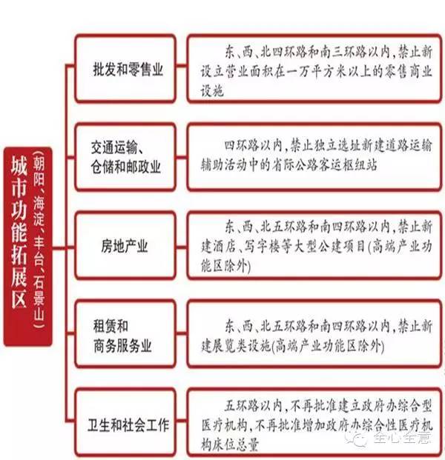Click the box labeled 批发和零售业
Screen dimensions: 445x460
125,69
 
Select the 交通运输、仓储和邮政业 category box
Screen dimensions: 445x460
125,157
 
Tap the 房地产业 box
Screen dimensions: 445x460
125,245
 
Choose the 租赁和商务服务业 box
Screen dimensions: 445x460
125,333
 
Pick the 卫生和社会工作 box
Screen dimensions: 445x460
125,423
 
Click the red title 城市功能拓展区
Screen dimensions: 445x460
19,232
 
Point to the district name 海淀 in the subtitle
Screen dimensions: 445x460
39,210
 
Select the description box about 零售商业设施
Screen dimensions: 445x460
314,69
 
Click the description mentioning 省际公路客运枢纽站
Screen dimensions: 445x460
314,157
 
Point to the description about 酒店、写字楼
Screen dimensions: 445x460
314,245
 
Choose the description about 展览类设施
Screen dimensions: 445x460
314,333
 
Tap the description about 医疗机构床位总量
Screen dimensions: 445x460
314,423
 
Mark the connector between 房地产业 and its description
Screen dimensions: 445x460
182,247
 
